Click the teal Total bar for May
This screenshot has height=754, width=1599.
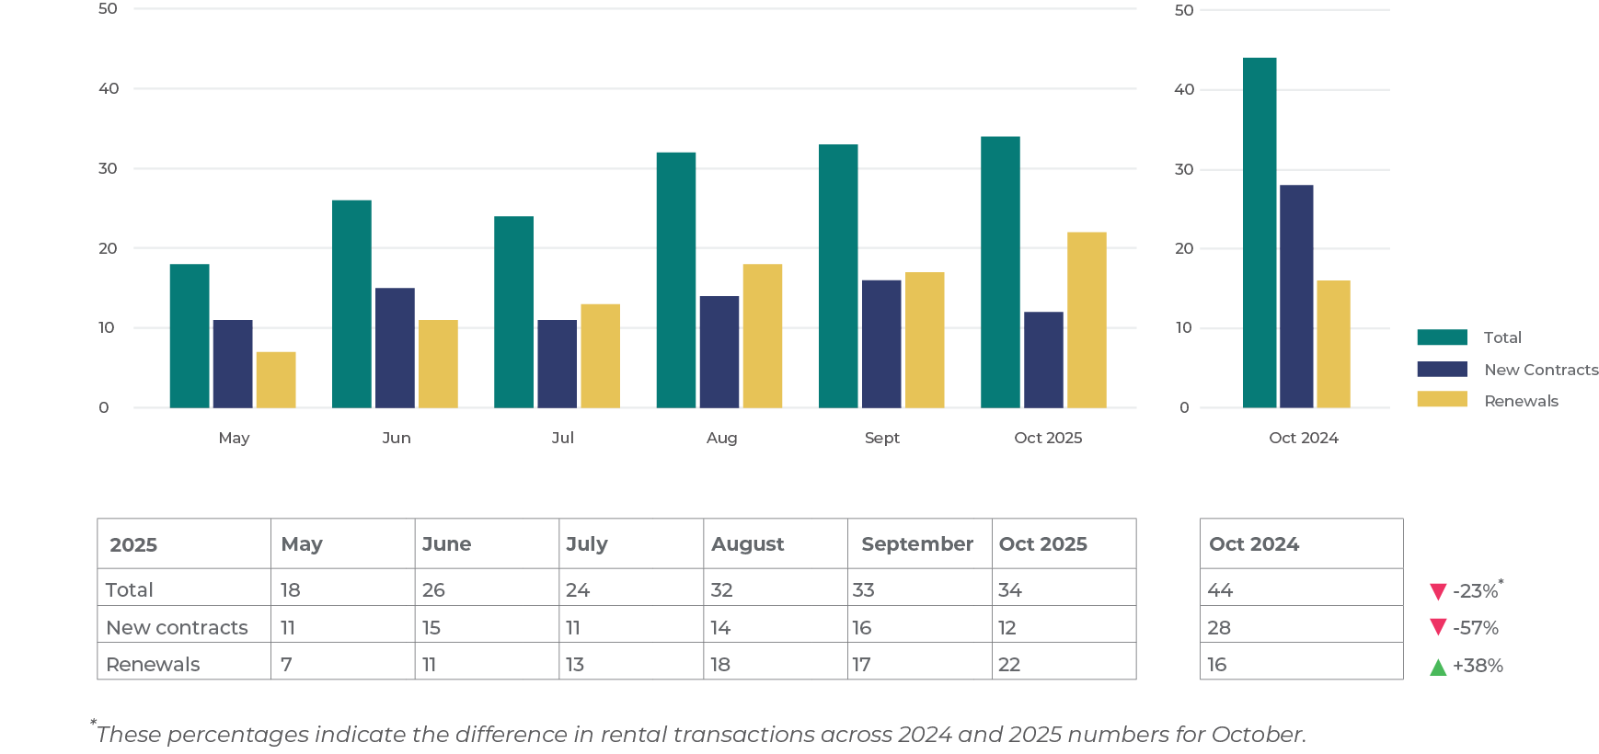coord(190,336)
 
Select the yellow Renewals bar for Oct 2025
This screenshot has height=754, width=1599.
coord(1087,319)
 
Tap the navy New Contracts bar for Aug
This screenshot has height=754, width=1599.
coord(719,351)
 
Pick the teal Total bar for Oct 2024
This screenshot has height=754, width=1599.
coord(1260,232)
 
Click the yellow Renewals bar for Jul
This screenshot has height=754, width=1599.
coord(600,355)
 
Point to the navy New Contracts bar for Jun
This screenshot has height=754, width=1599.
coord(395,348)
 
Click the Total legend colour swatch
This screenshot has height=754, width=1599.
coord(1442,337)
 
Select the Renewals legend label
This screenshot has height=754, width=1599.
coord(1521,401)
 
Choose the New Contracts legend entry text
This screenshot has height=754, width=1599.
coord(1541,370)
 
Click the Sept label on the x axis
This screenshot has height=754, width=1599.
coord(881,438)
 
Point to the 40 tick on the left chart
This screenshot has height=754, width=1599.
coord(109,88)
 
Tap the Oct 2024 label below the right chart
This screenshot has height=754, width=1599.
coord(1303,438)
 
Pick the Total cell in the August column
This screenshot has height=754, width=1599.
coord(721,589)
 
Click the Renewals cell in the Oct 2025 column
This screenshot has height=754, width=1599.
coord(1009,664)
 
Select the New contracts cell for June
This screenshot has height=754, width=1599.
coord(431,627)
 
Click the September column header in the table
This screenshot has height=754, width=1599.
coord(916,543)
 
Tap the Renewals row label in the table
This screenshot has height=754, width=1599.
coord(153,664)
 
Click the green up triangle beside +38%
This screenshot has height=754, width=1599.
coord(1438,667)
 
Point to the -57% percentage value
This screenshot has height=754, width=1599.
coord(1476,628)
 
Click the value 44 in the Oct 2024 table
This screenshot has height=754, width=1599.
coord(1220,589)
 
